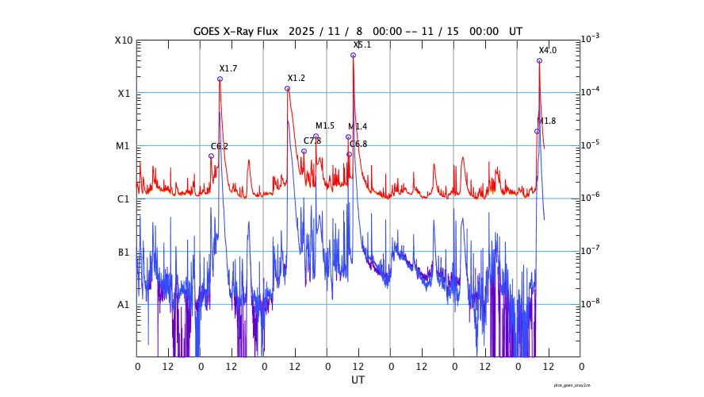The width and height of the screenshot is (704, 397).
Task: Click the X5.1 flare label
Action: [x=362, y=45]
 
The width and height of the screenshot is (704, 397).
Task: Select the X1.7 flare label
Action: [x=228, y=69]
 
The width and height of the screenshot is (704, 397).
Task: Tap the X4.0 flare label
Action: [x=547, y=51]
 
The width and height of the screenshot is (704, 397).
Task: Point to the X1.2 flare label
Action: [x=296, y=79]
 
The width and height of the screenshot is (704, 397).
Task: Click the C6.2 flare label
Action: [x=220, y=147]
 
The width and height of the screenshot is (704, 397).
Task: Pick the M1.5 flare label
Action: [x=325, y=126]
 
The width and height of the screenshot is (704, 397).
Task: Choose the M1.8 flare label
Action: [x=547, y=121]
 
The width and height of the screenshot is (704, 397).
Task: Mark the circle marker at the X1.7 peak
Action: [x=220, y=79]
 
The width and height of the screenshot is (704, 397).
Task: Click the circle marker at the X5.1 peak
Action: [x=353, y=56]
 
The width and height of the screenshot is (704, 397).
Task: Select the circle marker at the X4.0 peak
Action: [x=539, y=61]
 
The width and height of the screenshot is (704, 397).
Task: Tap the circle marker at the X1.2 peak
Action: [x=287, y=89]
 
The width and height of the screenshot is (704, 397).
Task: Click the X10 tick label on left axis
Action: [x=122, y=40]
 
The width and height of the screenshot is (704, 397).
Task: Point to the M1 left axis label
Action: [x=123, y=146]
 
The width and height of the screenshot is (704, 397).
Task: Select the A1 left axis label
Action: [x=123, y=305]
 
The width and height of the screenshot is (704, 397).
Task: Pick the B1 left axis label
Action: [x=123, y=252]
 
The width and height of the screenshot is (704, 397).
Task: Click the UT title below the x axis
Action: [x=358, y=380]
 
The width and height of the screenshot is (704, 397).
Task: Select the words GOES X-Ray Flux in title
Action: [x=238, y=31]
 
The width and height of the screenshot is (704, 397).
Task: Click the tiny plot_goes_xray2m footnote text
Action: [x=572, y=384]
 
